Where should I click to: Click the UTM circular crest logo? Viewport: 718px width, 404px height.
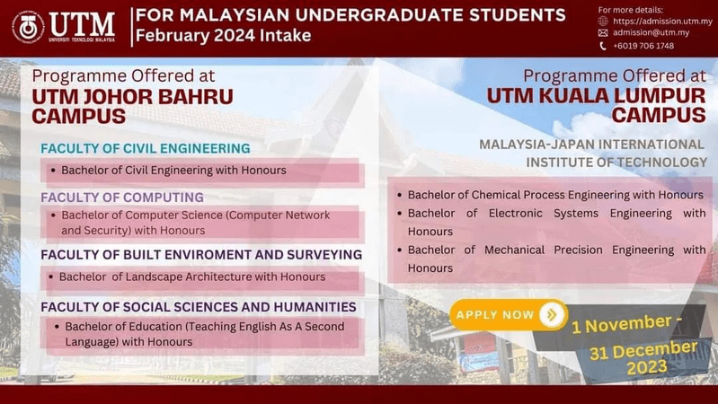(28, 27)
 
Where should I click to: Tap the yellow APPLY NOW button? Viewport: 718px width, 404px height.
(496, 314)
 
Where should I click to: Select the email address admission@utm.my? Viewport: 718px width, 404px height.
(651, 32)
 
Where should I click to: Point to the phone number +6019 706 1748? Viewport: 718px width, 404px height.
(643, 46)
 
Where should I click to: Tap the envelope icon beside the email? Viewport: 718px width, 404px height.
(603, 32)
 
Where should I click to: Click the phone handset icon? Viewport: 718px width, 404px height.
(603, 46)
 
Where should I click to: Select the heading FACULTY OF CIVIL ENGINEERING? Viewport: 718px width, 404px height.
(145, 148)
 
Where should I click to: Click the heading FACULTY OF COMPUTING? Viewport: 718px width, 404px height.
(122, 198)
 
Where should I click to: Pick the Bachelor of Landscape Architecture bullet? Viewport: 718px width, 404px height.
(192, 277)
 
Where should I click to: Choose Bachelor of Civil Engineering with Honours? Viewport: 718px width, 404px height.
(173, 170)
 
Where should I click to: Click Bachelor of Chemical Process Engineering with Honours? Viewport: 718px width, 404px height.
(555, 195)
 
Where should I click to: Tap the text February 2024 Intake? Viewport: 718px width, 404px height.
(222, 36)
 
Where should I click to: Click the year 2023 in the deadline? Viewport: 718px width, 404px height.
(647, 367)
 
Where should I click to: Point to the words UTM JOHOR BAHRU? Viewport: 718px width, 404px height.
(132, 96)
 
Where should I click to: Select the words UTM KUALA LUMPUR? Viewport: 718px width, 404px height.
(597, 96)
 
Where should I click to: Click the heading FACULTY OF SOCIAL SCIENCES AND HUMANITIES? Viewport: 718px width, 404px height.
(198, 307)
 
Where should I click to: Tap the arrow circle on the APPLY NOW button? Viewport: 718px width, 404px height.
(551, 314)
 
